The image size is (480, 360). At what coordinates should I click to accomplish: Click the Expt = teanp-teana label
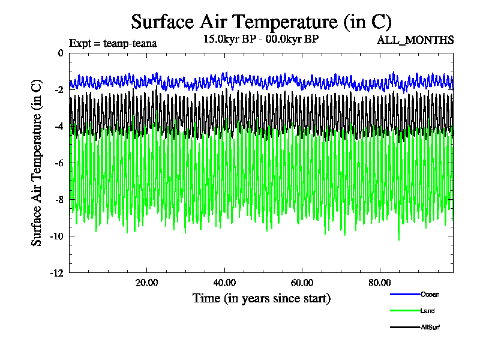pyautogui.click(x=113, y=43)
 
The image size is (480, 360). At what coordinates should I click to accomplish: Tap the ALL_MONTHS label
pyautogui.click(x=415, y=40)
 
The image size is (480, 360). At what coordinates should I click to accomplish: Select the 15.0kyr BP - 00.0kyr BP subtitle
pyautogui.click(x=261, y=39)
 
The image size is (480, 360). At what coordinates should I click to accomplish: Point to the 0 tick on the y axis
pyautogui.click(x=60, y=53)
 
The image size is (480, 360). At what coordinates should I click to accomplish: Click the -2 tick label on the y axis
pyautogui.click(x=58, y=89)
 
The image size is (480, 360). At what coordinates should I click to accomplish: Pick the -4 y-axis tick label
pyautogui.click(x=58, y=126)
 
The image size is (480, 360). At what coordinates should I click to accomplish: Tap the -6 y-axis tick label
pyautogui.click(x=58, y=163)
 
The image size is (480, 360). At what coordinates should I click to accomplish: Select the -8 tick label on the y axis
pyautogui.click(x=58, y=199)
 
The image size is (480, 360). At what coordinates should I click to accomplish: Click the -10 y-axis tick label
pyautogui.click(x=56, y=236)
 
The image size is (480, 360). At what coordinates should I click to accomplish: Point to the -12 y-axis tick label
pyautogui.click(x=56, y=272)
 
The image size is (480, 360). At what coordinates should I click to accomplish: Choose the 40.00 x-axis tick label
pyautogui.click(x=224, y=283)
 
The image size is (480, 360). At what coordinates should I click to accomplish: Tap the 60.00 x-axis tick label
pyautogui.click(x=302, y=283)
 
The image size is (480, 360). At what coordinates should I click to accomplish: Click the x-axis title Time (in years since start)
pyautogui.click(x=261, y=298)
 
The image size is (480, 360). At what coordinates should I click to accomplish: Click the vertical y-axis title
pyautogui.click(x=37, y=163)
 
